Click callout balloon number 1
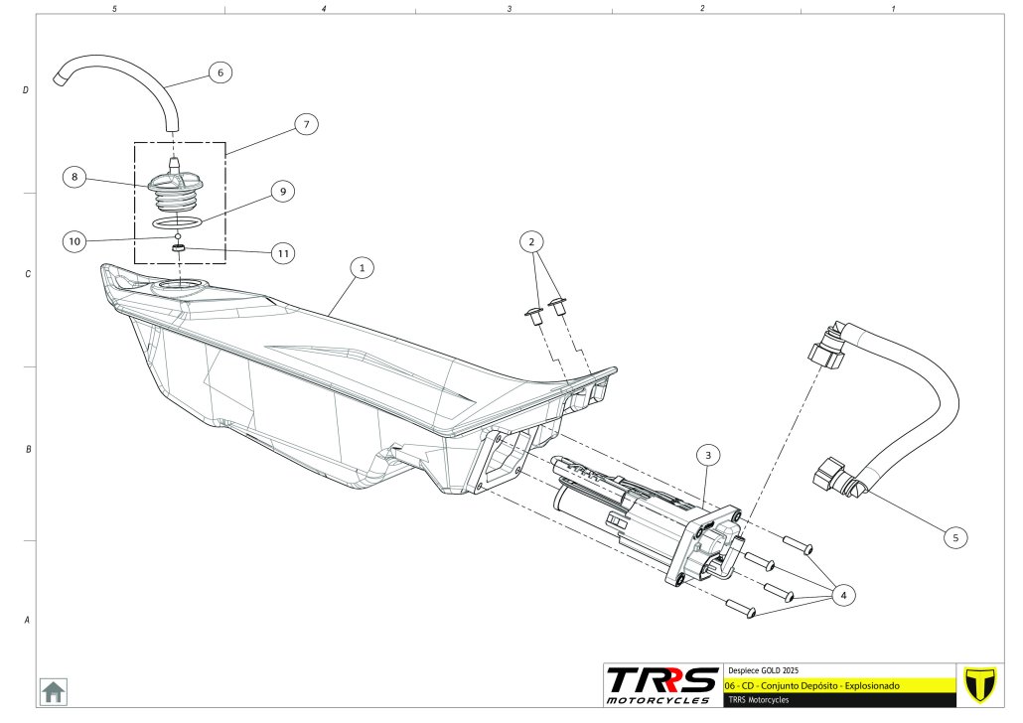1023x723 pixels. [x=363, y=268]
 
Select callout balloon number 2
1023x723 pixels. [x=532, y=241]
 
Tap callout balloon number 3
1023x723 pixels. [x=708, y=456]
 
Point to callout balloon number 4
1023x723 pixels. [x=843, y=596]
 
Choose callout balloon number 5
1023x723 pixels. [x=955, y=537]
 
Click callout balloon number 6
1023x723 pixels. [x=219, y=72]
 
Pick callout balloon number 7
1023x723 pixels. [x=306, y=124]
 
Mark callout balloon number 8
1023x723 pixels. [x=73, y=178]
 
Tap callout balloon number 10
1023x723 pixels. [x=73, y=240]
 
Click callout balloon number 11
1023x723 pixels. [x=284, y=253]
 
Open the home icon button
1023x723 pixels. [x=53, y=690]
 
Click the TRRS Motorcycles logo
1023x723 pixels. [x=662, y=685]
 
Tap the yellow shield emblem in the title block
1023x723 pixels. [x=980, y=684]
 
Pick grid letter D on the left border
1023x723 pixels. [x=26, y=90]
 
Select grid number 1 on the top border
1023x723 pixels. [x=894, y=8]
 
